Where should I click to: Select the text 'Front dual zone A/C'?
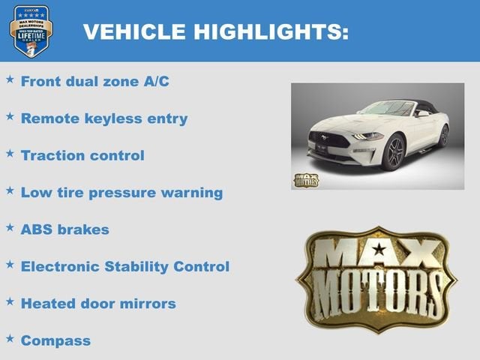click(94, 81)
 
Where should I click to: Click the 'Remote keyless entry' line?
click(103, 118)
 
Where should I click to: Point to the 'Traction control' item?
click(82, 155)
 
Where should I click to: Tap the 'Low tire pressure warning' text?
click(121, 192)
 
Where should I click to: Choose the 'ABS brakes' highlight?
click(64, 229)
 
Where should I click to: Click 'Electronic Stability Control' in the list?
click(124, 266)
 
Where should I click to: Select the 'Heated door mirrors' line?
click(98, 303)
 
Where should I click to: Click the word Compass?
click(55, 340)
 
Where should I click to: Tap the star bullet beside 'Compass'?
click(10, 338)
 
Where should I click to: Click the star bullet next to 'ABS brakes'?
click(10, 227)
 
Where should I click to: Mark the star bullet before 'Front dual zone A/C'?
click(10, 79)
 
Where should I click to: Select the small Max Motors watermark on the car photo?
click(306, 180)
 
